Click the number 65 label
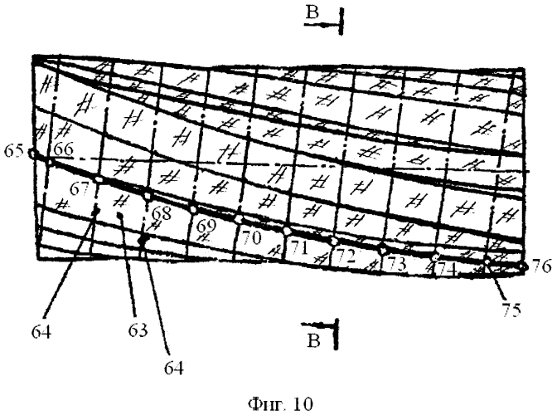13,151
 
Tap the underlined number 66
63,149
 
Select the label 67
79,189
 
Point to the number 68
162,213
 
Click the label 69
206,226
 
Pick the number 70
251,237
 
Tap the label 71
298,248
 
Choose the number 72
346,256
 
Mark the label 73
396,264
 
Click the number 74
446,271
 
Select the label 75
511,310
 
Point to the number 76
541,266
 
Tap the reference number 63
138,330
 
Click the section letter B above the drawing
312,13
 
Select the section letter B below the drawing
314,340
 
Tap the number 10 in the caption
303,404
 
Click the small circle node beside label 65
32,154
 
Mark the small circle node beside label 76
522,266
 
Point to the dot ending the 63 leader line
120,215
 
